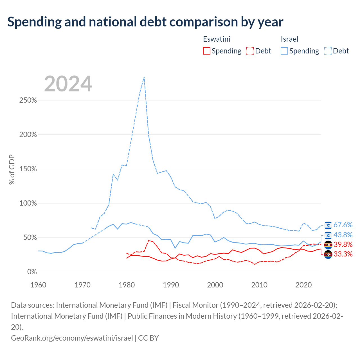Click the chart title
[x=145, y=22]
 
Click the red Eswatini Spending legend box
[x=206, y=51]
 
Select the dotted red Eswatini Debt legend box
[x=250, y=51]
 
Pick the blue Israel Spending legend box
[x=284, y=51]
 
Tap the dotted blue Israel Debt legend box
[x=328, y=51]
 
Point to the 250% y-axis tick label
[x=28, y=100]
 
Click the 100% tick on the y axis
[x=28, y=203]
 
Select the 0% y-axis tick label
[x=32, y=272]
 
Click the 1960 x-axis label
[x=38, y=285]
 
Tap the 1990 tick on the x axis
[x=171, y=285]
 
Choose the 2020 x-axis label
[x=303, y=285]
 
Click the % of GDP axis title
[x=12, y=169]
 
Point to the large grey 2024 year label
[x=68, y=84]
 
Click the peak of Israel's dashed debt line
[x=144, y=77]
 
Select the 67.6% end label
[x=343, y=225]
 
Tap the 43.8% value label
[x=343, y=235]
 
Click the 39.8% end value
[x=343, y=244]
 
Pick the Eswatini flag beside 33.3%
[x=328, y=255]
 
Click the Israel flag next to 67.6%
[x=328, y=225]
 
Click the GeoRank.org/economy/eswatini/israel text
[x=72, y=338]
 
